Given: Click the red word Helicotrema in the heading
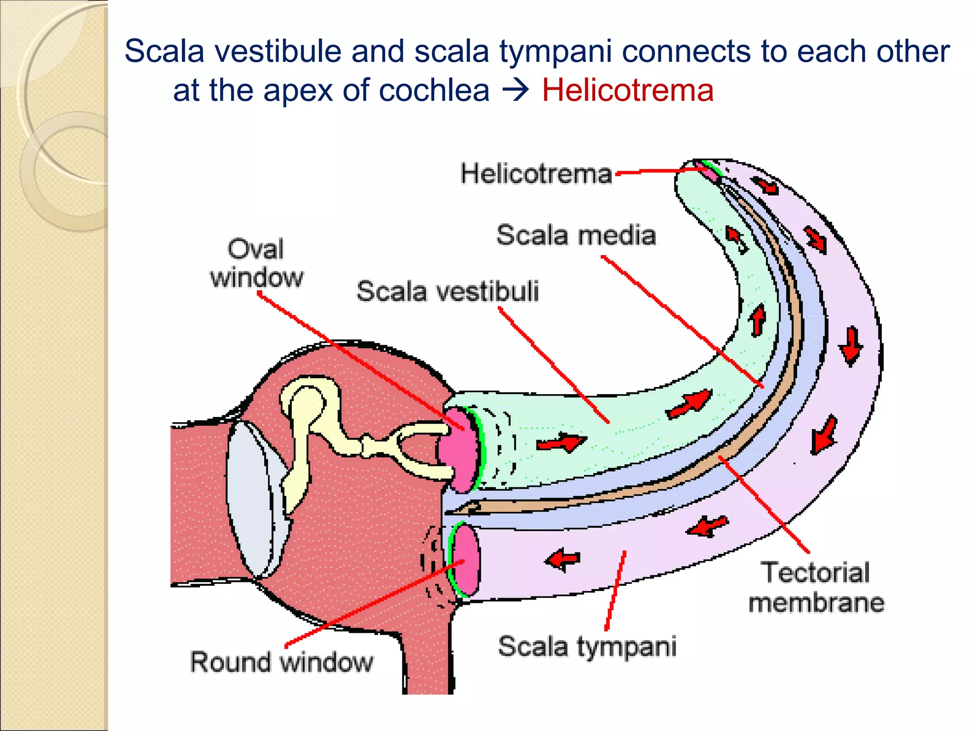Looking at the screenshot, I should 627,90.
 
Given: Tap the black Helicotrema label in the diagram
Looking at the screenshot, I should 536,174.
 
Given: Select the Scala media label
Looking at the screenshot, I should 576,235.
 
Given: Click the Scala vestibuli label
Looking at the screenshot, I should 448,291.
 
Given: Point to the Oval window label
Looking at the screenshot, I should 256,263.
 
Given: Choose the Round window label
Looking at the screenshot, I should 282,662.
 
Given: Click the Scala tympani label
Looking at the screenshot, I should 587,647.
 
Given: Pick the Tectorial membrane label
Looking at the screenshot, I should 816,587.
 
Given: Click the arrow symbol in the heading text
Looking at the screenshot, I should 516,90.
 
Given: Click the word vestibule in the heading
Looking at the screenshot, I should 278,51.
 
